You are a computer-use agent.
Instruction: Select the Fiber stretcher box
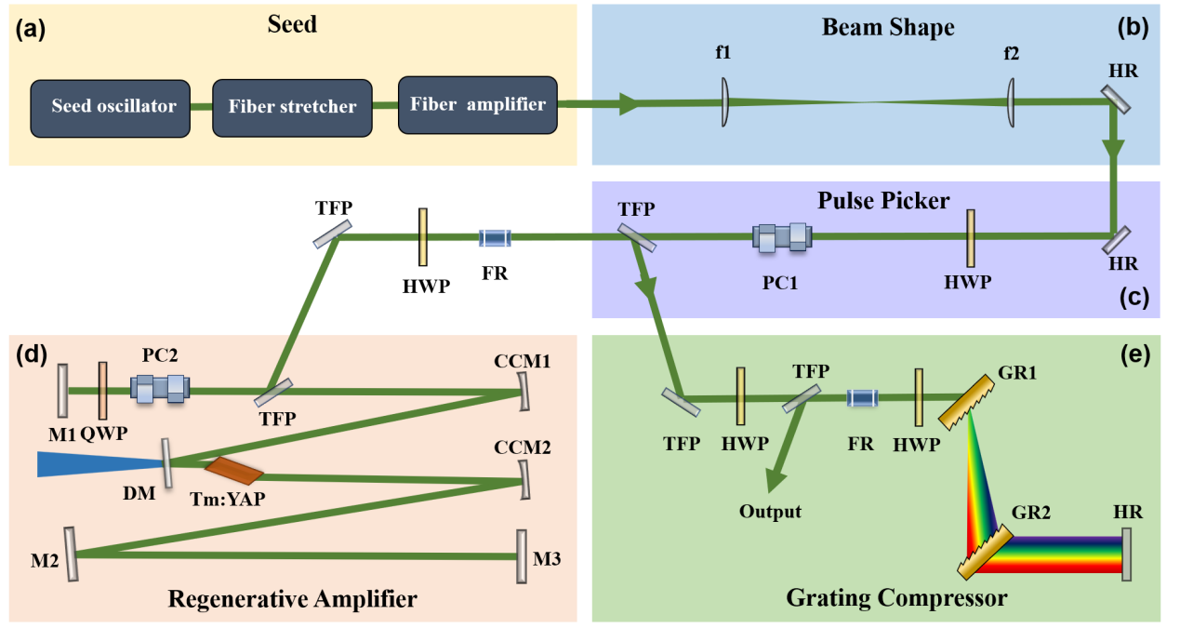[292, 106]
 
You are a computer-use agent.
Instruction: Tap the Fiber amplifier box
[477, 104]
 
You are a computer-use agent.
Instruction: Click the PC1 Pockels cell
[783, 238]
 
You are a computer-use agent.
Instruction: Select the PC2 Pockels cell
[160, 388]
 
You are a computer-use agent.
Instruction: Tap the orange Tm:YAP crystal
[234, 471]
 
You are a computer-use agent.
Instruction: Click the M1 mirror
[62, 391]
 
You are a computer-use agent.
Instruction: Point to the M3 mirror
[521, 556]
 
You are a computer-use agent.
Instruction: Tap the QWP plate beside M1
[102, 390]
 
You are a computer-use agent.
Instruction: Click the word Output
[770, 512]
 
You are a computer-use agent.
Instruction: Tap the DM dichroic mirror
[166, 463]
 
